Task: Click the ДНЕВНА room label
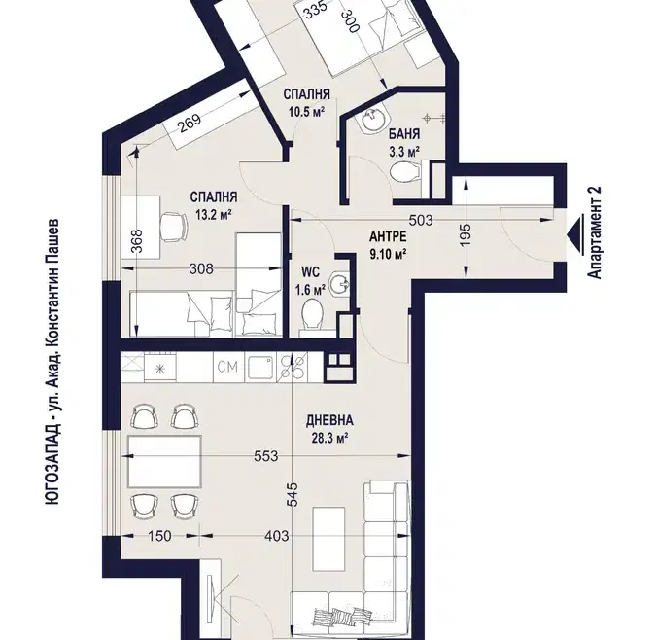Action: [x=329, y=420]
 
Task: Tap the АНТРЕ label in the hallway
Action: [x=388, y=236]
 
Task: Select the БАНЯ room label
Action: [x=404, y=134]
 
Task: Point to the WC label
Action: [x=310, y=272]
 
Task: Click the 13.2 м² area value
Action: [x=214, y=215]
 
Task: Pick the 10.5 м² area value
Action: [x=307, y=112]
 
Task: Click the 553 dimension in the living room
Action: [x=266, y=456]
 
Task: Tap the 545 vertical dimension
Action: [x=293, y=495]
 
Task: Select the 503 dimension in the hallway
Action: [x=421, y=220]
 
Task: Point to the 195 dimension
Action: [x=466, y=234]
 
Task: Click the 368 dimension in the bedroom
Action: [x=138, y=240]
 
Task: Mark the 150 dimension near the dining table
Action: [x=159, y=536]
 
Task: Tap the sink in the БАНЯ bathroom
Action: [x=373, y=121]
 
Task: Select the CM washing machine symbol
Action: [x=228, y=367]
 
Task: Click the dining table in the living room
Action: [x=164, y=462]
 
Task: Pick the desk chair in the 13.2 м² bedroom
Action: [x=174, y=227]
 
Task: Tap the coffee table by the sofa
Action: [x=329, y=539]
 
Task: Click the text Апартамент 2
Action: [x=595, y=232]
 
